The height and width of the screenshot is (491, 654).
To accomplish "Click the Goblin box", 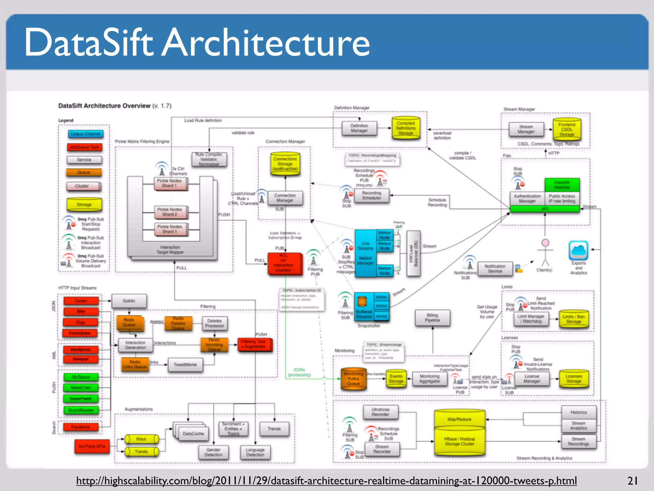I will point(129,301).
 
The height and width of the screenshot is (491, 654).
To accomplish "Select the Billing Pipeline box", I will point(432,318).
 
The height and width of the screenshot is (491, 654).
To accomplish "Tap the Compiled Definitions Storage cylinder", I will point(406,128).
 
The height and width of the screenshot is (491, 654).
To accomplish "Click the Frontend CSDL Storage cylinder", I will point(567,129).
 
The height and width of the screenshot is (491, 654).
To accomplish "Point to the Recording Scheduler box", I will point(371,195).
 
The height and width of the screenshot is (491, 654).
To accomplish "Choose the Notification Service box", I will point(495,269).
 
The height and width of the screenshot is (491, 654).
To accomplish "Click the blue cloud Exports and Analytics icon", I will point(578,251).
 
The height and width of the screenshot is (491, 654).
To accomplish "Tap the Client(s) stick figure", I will point(545,253).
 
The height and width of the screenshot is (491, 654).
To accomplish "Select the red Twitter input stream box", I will point(81,301).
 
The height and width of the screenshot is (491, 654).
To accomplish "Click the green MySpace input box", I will point(81,377).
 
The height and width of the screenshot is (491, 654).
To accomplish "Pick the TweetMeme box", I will point(185,365).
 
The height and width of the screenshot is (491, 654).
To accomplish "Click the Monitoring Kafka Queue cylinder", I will point(353,379).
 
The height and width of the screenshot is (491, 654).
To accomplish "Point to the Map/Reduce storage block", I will point(459,419).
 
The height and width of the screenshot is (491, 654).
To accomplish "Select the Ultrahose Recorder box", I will point(380,412).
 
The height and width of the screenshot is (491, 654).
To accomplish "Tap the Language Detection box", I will point(255,452).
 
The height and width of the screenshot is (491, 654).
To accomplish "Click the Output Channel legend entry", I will point(86,134).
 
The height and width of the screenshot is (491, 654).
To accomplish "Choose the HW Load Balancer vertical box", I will point(414,253).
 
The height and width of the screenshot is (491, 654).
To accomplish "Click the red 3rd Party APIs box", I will point(92,446).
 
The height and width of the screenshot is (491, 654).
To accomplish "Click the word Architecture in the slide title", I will point(266,43).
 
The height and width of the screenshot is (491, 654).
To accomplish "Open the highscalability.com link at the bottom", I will point(326,480).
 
